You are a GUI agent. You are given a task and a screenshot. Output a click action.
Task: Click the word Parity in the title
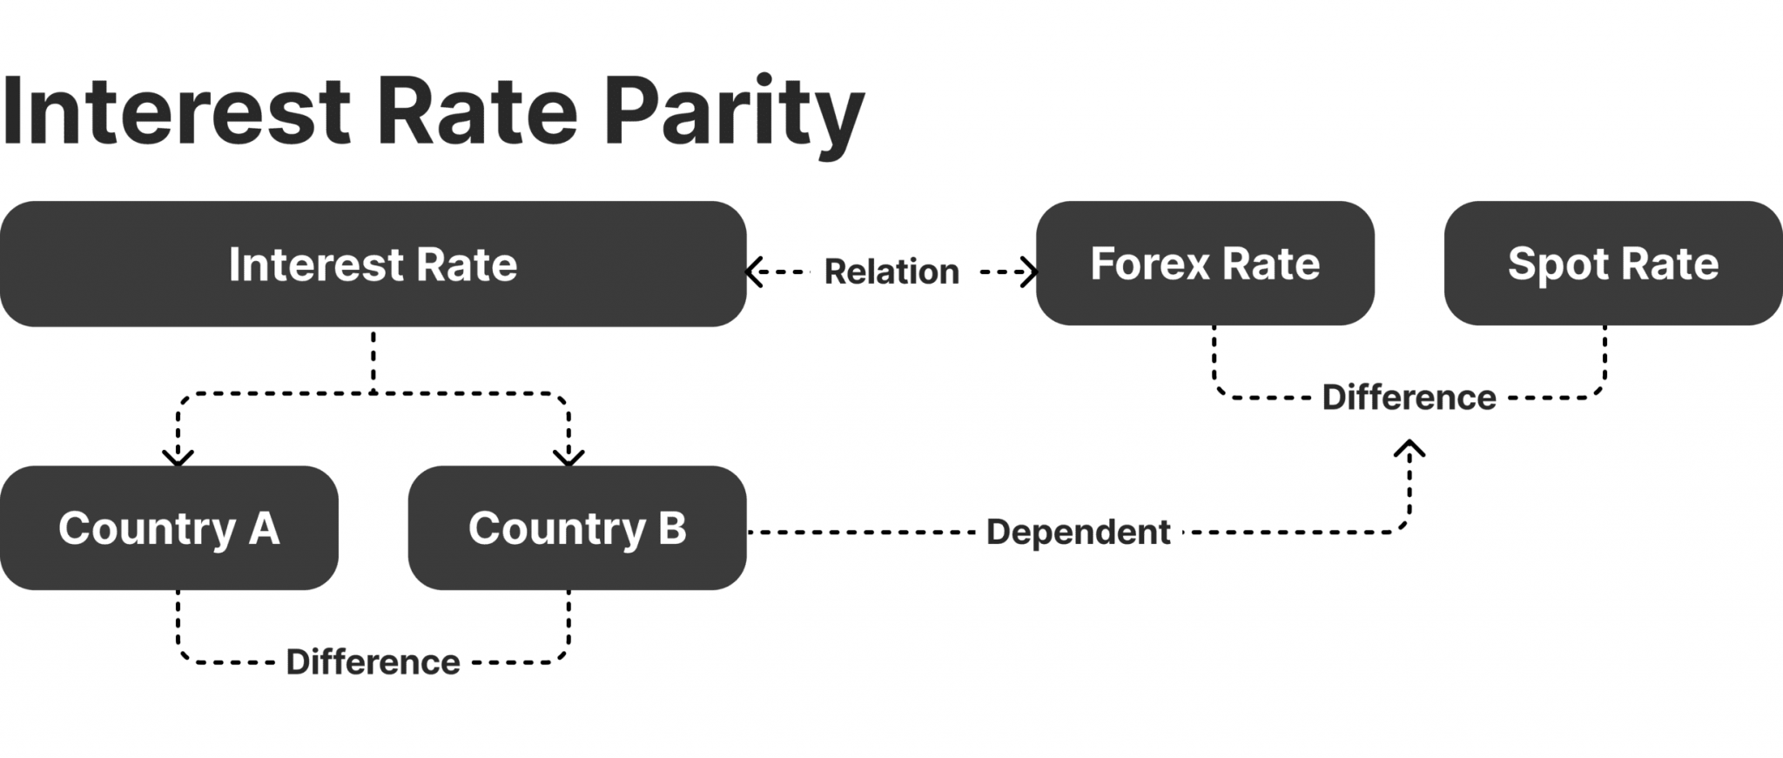(x=733, y=113)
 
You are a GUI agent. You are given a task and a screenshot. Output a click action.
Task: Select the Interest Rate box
(x=373, y=265)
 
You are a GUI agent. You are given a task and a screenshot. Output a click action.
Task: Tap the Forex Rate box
(x=1205, y=264)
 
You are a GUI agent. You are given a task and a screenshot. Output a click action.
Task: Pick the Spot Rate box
(x=1612, y=264)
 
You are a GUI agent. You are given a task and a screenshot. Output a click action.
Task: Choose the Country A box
(x=169, y=528)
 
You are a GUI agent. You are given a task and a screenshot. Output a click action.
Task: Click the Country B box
(x=576, y=528)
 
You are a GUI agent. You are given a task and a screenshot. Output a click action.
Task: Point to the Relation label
(x=891, y=272)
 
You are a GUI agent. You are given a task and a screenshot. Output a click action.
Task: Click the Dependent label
(x=1078, y=532)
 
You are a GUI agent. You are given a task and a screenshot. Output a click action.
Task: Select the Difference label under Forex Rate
(x=1409, y=398)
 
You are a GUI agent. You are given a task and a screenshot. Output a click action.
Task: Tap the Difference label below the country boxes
(x=373, y=662)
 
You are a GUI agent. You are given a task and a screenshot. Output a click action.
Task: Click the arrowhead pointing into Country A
(x=178, y=457)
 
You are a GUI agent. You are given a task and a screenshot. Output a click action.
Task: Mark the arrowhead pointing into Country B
(x=569, y=457)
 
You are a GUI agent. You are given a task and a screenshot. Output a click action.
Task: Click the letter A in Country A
(x=264, y=528)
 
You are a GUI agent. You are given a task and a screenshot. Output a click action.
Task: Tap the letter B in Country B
(x=672, y=528)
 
